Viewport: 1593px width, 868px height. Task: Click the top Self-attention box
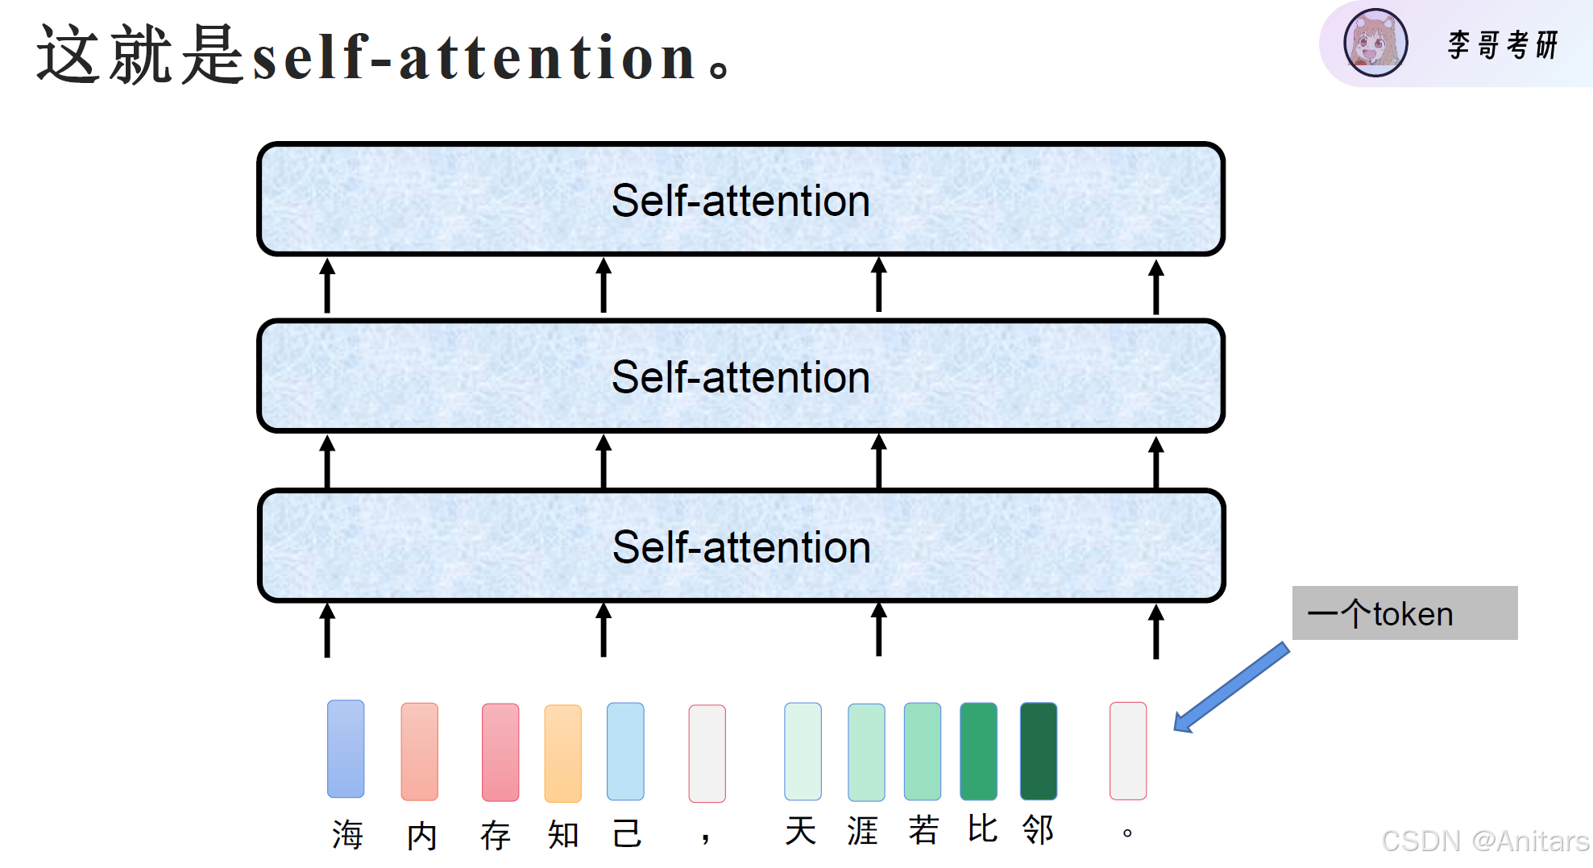pos(740,199)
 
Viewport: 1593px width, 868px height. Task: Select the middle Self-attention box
pos(740,376)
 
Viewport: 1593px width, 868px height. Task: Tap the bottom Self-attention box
pos(740,546)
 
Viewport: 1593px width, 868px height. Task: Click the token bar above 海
pos(346,749)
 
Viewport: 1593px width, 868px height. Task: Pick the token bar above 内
pos(420,751)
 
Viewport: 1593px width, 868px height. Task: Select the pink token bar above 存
pos(500,752)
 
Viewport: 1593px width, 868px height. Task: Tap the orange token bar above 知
pos(563,754)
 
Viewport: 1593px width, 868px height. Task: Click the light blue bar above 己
pos(625,751)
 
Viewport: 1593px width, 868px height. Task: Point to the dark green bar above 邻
pos(1039,751)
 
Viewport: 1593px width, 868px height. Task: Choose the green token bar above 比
pos(978,751)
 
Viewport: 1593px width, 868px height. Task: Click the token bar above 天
pos(803,751)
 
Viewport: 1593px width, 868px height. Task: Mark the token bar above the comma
pos(707,754)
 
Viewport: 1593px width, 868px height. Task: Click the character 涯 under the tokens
pos(862,830)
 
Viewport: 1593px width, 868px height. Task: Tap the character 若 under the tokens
pos(923,829)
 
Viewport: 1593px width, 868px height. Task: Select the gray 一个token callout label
pos(1404,613)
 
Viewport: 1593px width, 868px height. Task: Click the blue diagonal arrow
pos(1230,687)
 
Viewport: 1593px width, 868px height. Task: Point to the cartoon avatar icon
pos(1375,43)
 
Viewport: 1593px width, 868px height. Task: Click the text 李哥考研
pos(1503,45)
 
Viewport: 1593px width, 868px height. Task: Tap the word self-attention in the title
pos(475,57)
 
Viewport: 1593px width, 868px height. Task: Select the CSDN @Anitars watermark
pos(1485,841)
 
